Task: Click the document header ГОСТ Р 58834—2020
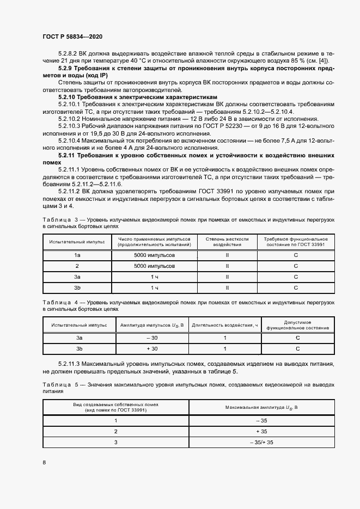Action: pos(72,36)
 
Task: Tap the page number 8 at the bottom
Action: pos(44,462)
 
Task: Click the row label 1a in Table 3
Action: pos(77,255)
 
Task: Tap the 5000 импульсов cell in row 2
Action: pos(154,266)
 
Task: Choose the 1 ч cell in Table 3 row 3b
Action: pos(154,288)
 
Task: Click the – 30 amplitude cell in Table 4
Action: pos(151,338)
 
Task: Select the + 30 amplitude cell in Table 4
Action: pos(151,348)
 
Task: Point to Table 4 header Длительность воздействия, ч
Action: pos(225,325)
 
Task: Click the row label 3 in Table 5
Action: pos(115,442)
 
